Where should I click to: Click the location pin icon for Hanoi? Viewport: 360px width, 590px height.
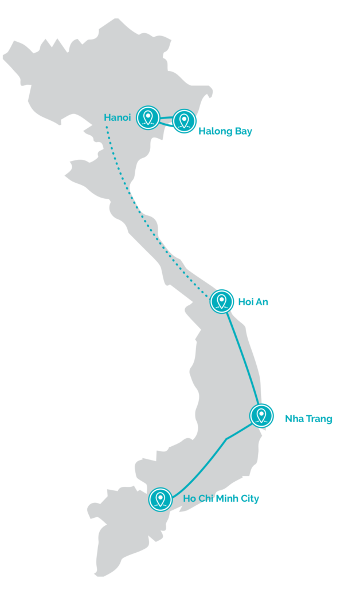point(148,118)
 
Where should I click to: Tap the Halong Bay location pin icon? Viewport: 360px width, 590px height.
point(184,121)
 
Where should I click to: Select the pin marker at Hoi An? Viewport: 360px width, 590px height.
point(222,301)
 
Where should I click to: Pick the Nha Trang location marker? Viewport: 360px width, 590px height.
point(261,415)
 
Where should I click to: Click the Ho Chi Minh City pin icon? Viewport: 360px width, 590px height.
point(160,498)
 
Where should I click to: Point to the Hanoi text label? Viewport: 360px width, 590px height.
point(118,118)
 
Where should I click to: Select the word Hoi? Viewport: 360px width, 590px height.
point(245,302)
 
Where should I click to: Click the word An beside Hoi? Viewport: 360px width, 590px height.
point(261,302)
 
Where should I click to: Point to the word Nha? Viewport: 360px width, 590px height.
point(293,419)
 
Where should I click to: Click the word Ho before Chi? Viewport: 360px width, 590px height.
point(189,499)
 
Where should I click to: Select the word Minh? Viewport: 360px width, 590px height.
point(226,499)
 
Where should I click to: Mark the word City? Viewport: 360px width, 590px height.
point(250,499)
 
